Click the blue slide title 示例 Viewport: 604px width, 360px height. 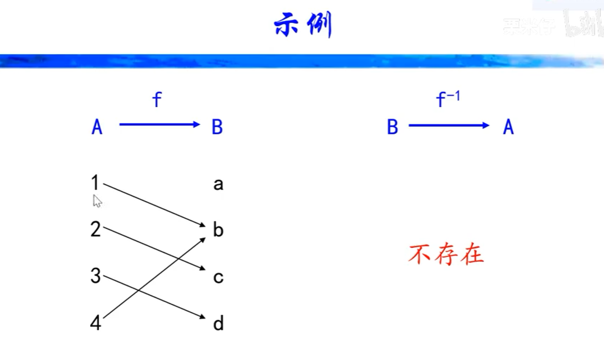[303, 25]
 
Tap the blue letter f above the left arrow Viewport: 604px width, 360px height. [157, 99]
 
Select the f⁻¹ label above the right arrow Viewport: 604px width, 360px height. [448, 99]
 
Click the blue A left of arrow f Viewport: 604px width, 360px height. [97, 127]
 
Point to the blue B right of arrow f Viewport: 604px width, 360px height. [217, 127]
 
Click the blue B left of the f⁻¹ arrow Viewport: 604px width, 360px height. [393, 127]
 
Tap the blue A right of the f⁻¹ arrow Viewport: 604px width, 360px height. [508, 127]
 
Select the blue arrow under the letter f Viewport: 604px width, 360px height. [159, 125]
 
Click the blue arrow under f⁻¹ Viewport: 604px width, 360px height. [449, 125]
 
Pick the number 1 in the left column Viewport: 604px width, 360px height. [95, 183]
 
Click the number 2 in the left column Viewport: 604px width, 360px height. [96, 230]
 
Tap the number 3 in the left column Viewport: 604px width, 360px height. [96, 276]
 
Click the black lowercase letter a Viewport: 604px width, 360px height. [218, 185]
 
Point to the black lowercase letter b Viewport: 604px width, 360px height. [218, 230]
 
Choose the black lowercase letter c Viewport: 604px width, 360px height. [218, 277]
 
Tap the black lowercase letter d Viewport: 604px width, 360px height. [218, 323]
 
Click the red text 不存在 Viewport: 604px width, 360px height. [446, 255]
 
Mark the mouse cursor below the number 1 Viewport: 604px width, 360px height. [97, 201]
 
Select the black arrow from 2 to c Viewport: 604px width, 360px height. [154, 249]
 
